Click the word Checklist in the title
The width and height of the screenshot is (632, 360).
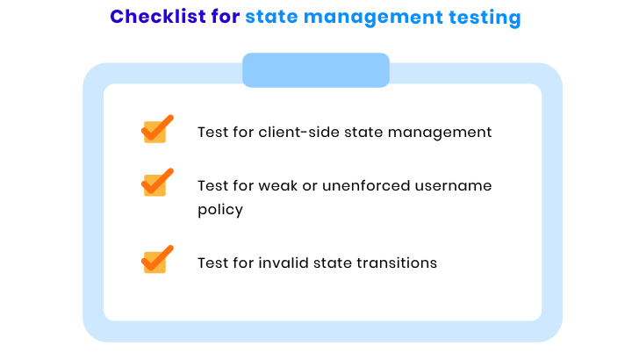pos(158,17)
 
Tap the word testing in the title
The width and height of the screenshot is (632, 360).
pos(485,18)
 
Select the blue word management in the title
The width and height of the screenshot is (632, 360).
pos(373,18)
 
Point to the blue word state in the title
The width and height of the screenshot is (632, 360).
pos(271,17)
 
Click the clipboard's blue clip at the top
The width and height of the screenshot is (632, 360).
pos(316,69)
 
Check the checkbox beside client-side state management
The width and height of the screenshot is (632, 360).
pos(157,129)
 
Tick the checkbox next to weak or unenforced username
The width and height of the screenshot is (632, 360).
pos(157,183)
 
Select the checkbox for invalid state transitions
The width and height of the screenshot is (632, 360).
pos(157,260)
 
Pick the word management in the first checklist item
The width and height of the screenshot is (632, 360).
pos(440,133)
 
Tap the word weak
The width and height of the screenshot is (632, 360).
pos(278,186)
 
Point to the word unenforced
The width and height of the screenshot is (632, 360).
pos(366,186)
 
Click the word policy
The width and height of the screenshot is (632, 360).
pos(220,210)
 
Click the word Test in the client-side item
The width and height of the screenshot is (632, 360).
pos(212,133)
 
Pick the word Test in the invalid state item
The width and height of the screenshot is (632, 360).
pos(212,263)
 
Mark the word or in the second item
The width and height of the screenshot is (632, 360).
pos(310,187)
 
